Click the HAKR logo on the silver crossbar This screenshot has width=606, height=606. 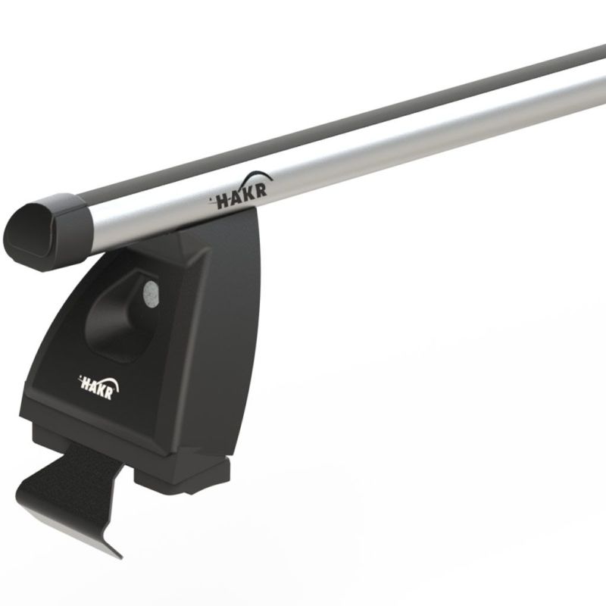(241, 191)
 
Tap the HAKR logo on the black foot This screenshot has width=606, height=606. (99, 386)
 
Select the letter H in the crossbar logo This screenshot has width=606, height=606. (223, 201)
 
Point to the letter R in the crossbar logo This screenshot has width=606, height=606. (261, 192)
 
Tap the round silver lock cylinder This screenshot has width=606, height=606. (151, 295)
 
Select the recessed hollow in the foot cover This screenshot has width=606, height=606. (120, 317)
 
